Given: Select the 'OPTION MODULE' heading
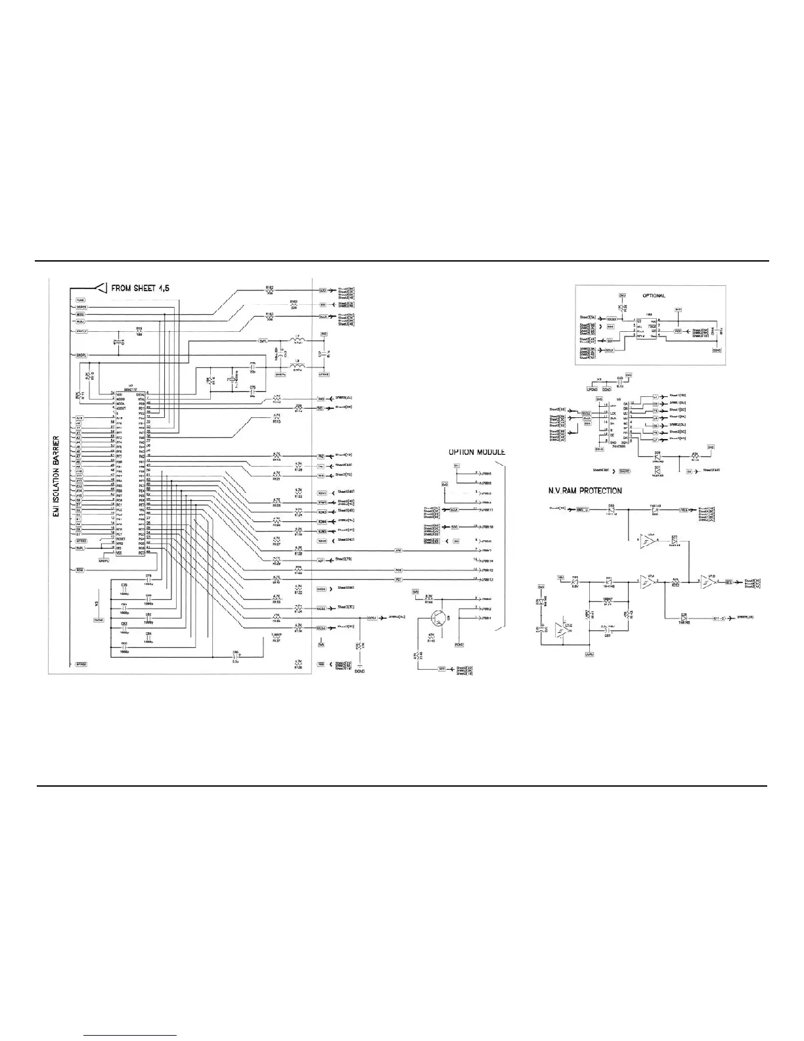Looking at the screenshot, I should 476,452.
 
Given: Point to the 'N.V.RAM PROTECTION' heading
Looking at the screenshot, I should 585,490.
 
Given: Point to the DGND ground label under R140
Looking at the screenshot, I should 359,672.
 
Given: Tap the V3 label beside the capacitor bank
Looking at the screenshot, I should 96,603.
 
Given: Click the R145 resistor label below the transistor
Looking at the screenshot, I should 432,639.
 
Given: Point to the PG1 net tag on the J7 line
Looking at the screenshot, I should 398,579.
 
